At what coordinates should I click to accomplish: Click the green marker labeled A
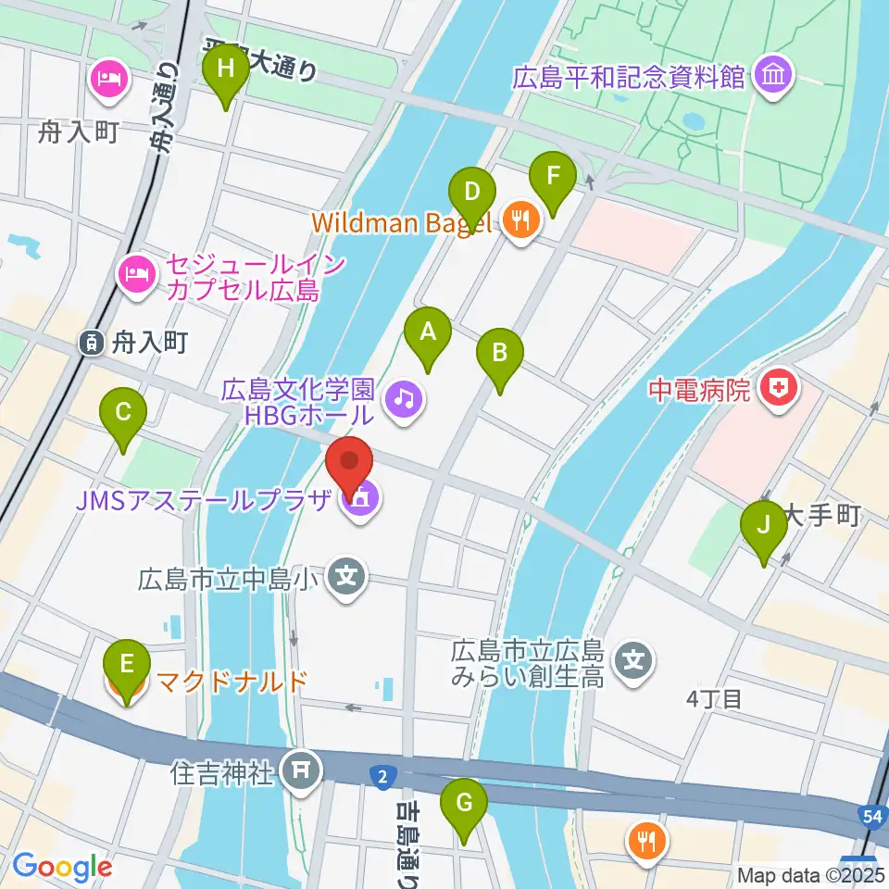pos(427,339)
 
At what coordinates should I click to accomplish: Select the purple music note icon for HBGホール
pos(404,400)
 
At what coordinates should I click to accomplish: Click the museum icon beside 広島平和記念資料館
pos(770,75)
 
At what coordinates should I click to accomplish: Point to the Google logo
pos(61,867)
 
